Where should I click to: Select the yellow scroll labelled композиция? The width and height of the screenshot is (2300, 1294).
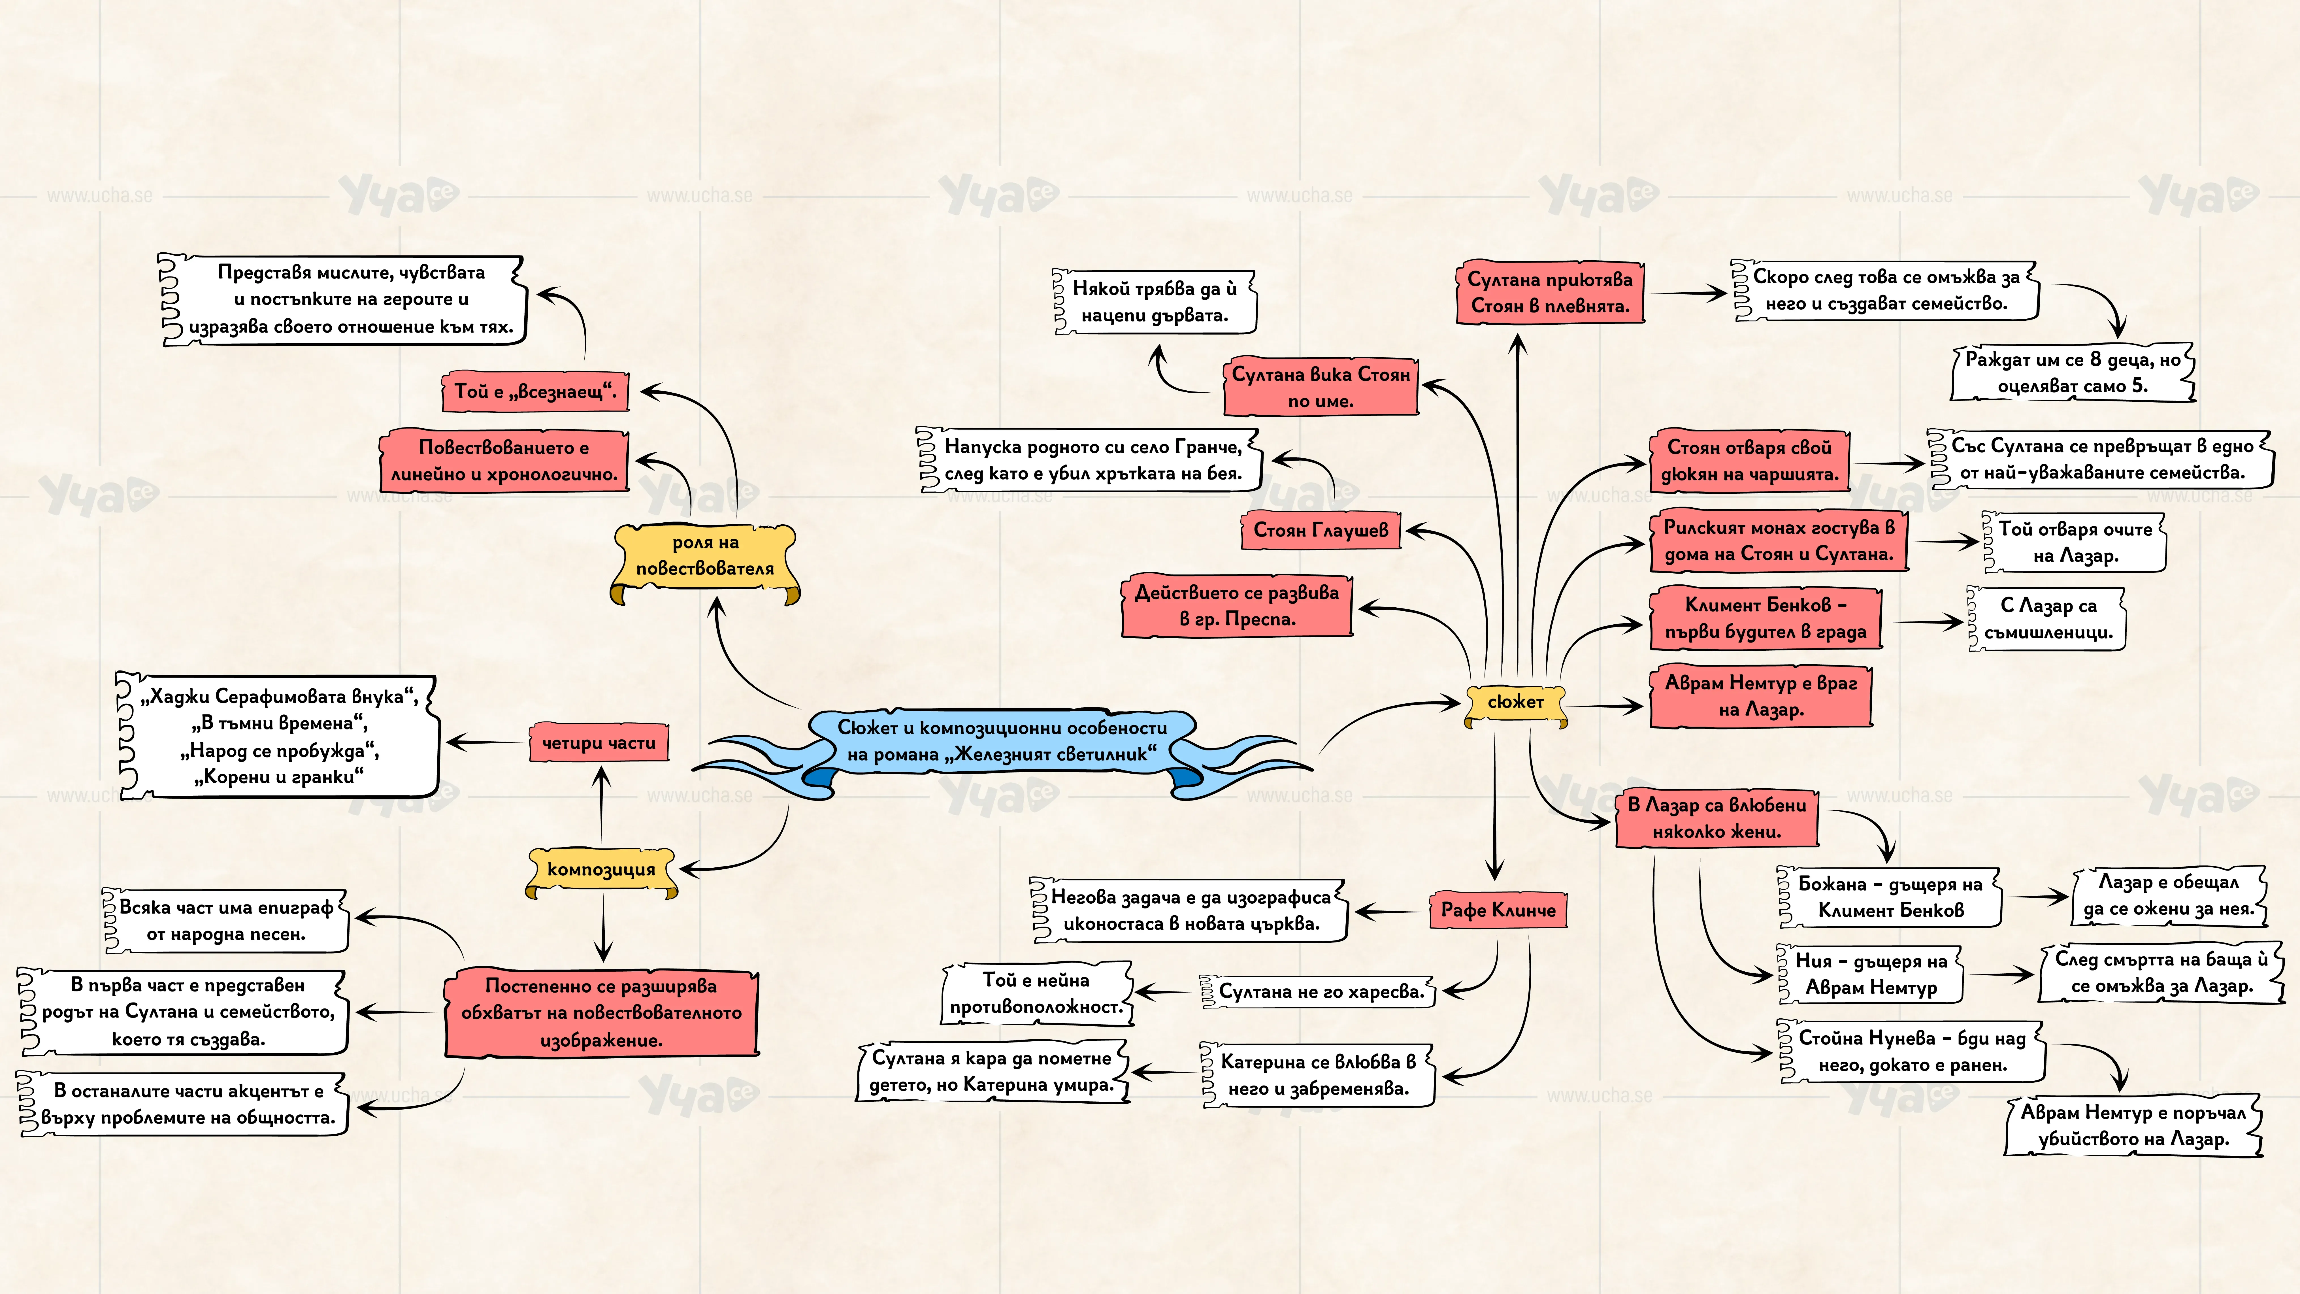601,871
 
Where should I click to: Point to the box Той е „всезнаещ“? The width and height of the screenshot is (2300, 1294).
535,391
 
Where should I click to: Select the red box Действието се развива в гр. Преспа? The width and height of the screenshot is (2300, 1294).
1237,605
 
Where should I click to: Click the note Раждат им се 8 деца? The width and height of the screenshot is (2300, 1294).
2072,373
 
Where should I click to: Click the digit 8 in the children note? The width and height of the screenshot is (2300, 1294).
2095,360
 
